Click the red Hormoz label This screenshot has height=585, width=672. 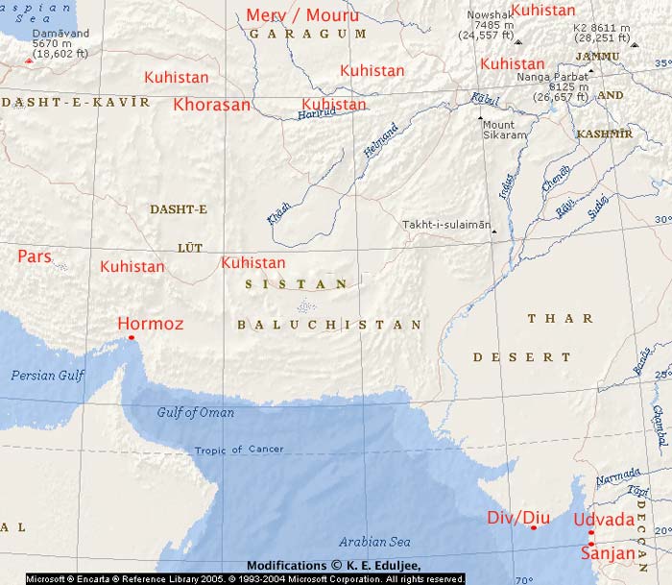point(150,325)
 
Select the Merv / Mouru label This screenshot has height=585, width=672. point(302,15)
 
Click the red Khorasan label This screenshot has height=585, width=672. point(212,105)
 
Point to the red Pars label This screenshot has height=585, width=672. point(35,256)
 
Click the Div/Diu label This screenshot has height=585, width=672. point(518,520)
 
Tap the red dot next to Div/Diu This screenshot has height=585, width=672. point(534,527)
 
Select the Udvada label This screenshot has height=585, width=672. point(603,520)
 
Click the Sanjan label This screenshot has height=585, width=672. point(608,554)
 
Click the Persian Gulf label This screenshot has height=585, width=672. point(47,376)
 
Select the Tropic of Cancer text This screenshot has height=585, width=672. point(239,450)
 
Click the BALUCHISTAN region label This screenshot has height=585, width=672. point(329,325)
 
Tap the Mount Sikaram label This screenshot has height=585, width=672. point(505,131)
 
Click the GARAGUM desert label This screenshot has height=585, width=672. point(307,34)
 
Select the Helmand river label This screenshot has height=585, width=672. point(380,141)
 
